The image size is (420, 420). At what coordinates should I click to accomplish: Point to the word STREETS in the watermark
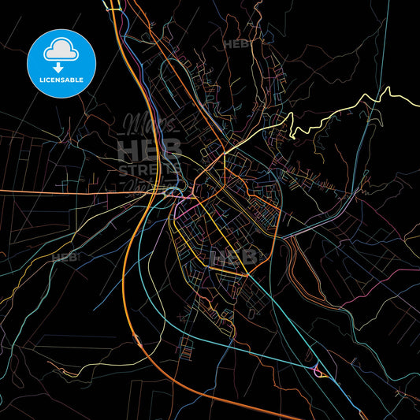[151, 169]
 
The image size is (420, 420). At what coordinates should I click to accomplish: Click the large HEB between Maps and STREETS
[149, 148]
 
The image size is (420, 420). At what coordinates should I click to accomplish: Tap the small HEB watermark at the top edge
[236, 45]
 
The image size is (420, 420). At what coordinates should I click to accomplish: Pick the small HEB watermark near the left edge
[65, 258]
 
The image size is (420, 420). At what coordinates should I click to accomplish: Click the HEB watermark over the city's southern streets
[234, 257]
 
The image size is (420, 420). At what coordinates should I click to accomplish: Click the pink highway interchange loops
[319, 371]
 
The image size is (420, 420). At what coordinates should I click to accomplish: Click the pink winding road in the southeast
[370, 315]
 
